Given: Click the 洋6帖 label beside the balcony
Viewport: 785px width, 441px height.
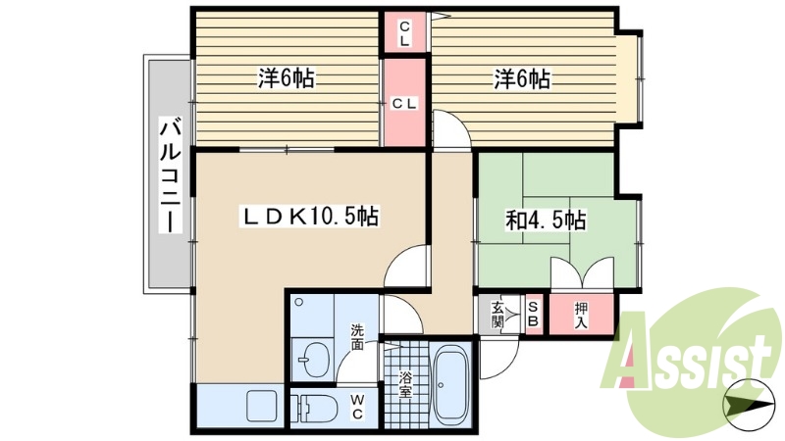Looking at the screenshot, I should tap(286, 79).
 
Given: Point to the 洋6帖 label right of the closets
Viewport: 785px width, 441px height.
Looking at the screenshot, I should tap(521, 79).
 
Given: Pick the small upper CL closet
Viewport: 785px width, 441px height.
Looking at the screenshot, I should tap(404, 34).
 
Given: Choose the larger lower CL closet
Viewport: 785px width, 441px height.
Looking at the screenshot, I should tap(404, 103).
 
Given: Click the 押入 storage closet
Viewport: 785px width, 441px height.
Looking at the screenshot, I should tap(582, 315).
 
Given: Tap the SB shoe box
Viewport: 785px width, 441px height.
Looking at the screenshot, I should tap(533, 315).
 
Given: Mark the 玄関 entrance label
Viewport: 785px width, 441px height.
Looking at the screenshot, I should tap(497, 315).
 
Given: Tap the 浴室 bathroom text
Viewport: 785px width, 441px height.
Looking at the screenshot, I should tap(404, 383).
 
